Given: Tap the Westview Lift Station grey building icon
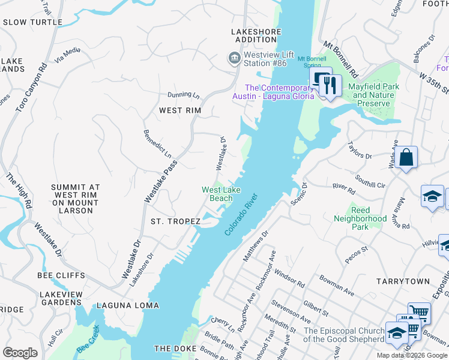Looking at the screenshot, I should [233, 58].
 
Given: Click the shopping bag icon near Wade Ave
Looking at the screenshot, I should [406, 157].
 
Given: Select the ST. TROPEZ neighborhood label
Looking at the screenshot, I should [175, 221].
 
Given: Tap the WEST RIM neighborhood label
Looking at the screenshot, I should [179, 110].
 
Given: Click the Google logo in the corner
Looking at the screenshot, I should [20, 353].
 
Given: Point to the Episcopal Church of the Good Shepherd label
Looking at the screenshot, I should [343, 335].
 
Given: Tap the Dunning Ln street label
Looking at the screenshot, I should [183, 95].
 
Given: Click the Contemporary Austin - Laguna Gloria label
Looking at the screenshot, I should [273, 92].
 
